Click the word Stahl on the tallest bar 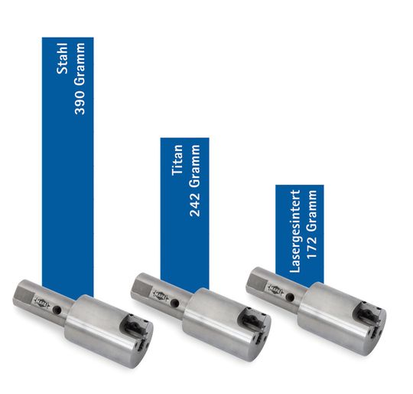63,58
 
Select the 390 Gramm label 80,79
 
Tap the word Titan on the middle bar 177,160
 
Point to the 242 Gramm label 195,180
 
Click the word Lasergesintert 294,231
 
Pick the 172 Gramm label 311,224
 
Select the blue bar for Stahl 68,167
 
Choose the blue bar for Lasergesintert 300,235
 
